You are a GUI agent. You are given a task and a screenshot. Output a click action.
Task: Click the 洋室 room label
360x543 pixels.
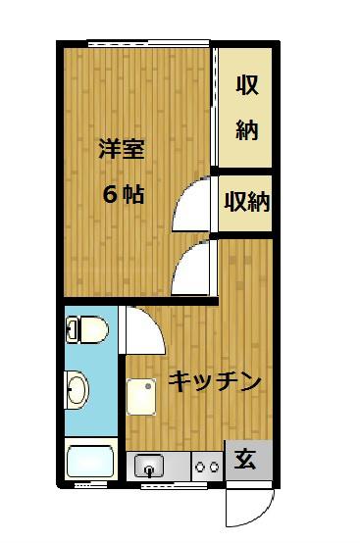[x=122, y=149]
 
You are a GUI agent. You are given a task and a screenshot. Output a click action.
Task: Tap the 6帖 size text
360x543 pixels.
[x=124, y=195]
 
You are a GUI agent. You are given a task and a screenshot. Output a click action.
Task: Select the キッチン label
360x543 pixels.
[x=214, y=381]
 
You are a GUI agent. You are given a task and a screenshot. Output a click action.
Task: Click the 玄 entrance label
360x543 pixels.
[x=245, y=459]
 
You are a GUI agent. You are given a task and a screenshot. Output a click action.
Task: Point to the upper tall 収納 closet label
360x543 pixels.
[x=247, y=108]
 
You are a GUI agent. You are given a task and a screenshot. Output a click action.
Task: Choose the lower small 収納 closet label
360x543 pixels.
[x=247, y=202]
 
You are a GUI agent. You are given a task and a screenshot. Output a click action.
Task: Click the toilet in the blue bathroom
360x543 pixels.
[x=87, y=329]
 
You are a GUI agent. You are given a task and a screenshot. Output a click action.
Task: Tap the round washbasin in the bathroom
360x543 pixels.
[x=77, y=389]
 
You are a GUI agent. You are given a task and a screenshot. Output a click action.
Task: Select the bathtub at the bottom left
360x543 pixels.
[x=90, y=462]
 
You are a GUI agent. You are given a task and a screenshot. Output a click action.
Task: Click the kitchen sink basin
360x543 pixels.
[x=149, y=466]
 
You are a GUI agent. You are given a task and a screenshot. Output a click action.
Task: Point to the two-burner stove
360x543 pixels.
[x=207, y=467]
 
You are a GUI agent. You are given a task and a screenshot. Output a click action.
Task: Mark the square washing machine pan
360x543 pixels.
[x=140, y=397]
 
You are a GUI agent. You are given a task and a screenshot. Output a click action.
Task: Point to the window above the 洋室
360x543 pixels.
[x=149, y=43]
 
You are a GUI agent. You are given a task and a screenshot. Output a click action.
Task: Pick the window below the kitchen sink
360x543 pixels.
[x=174, y=486]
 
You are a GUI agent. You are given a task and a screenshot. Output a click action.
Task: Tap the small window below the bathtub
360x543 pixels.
[x=86, y=485]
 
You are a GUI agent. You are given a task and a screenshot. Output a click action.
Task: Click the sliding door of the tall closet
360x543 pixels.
[x=215, y=108]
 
